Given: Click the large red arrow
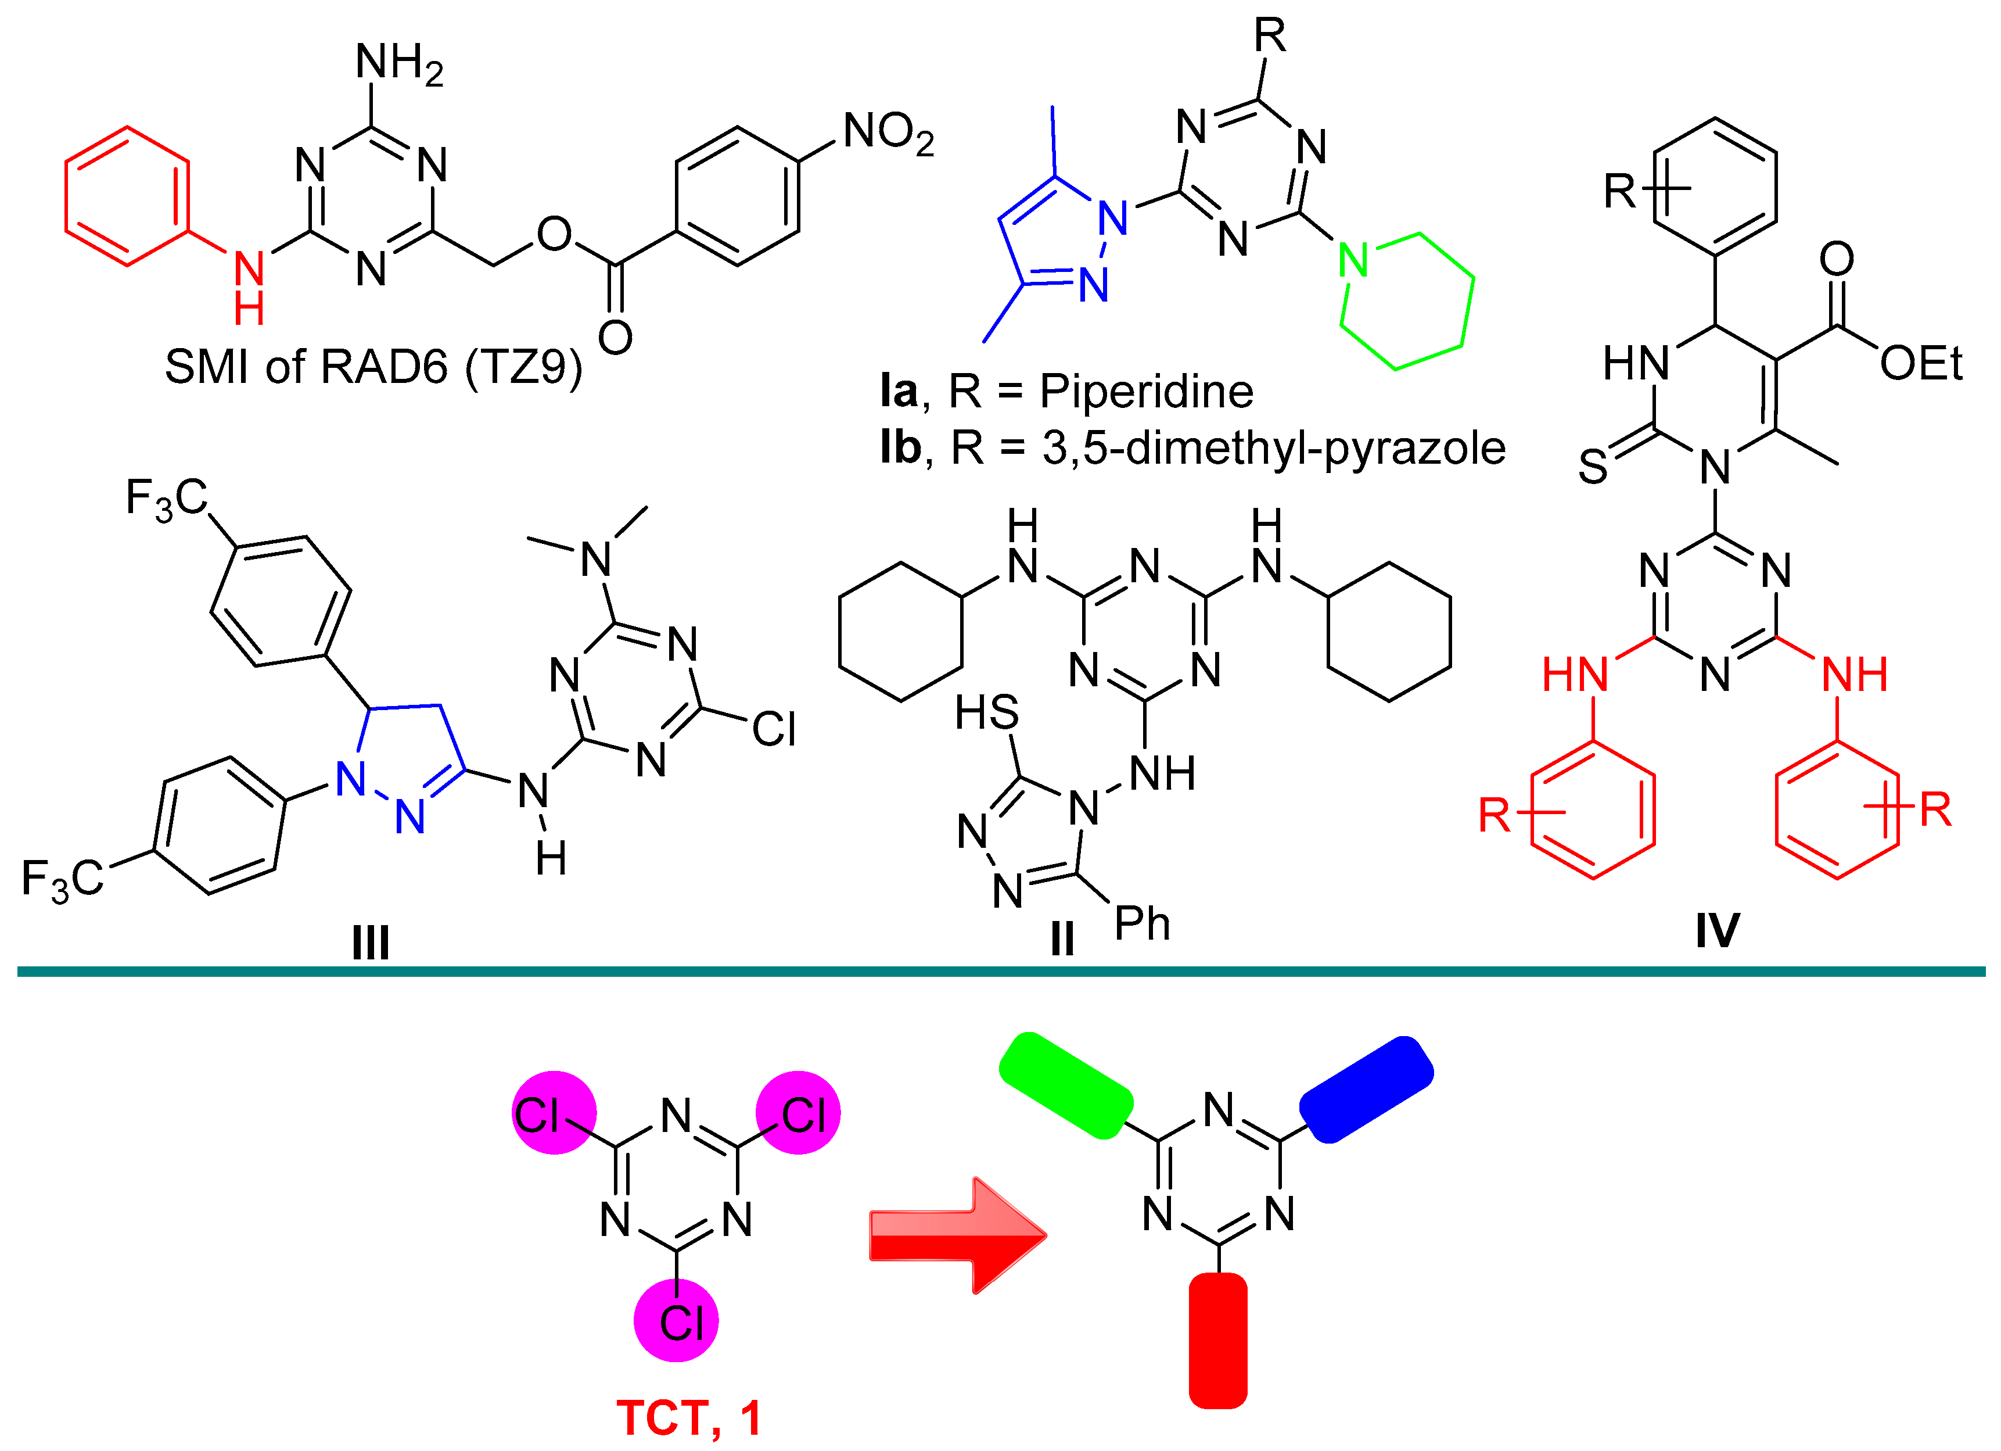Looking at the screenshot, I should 957,1235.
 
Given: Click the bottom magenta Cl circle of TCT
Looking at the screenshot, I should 677,1321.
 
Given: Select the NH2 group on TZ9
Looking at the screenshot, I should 399,63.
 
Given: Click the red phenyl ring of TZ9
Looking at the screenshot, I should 127,196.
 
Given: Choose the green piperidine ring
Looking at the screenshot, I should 1406,300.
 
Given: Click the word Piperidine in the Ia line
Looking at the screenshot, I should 1145,391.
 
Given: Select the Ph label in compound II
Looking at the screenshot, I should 1142,924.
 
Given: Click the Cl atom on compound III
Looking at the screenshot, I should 774,730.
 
